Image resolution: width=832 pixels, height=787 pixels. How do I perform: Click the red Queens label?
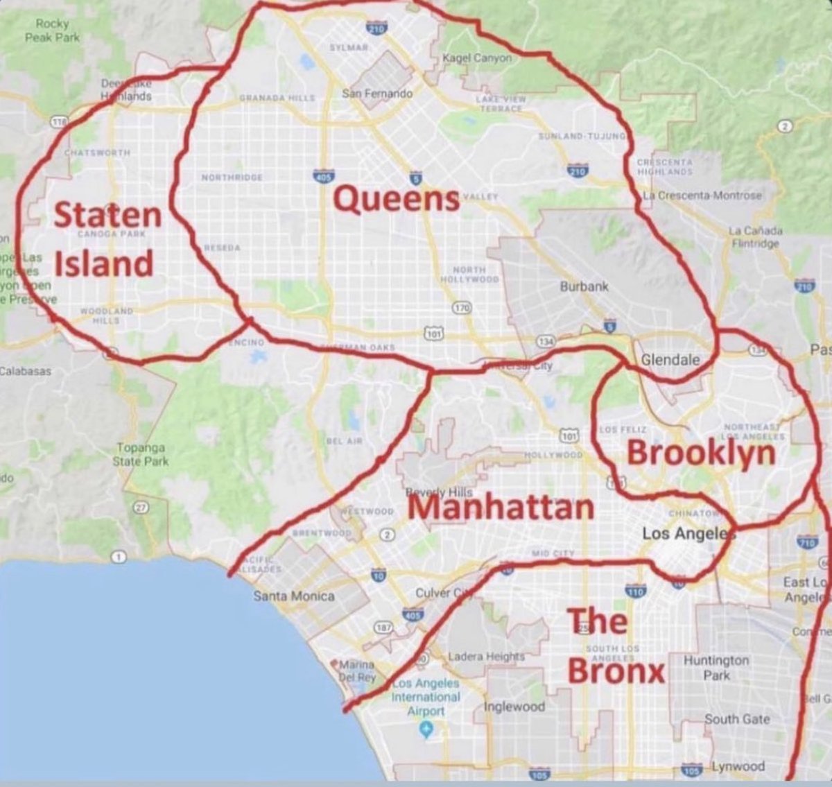tap(397, 200)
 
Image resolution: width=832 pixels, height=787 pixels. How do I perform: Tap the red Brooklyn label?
tap(700, 453)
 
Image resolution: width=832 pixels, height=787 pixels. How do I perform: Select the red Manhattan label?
tap(501, 507)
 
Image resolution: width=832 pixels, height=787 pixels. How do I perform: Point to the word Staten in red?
tap(107, 215)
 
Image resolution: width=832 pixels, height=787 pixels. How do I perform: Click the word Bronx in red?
tap(616, 671)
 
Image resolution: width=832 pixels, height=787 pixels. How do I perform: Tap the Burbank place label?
tap(584, 286)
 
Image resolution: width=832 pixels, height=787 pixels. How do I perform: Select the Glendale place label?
tap(670, 360)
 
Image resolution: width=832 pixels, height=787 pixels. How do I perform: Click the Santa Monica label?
tap(293, 596)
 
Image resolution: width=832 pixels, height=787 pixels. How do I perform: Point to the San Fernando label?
tap(377, 93)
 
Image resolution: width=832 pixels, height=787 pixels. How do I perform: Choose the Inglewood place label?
tap(514, 707)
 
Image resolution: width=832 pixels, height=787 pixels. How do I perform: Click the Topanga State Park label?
tap(141, 454)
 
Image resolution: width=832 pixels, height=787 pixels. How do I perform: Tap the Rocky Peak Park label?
tap(53, 31)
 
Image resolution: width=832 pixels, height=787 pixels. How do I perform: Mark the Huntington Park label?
tap(716, 667)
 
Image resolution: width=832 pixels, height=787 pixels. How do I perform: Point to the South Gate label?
tap(737, 719)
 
